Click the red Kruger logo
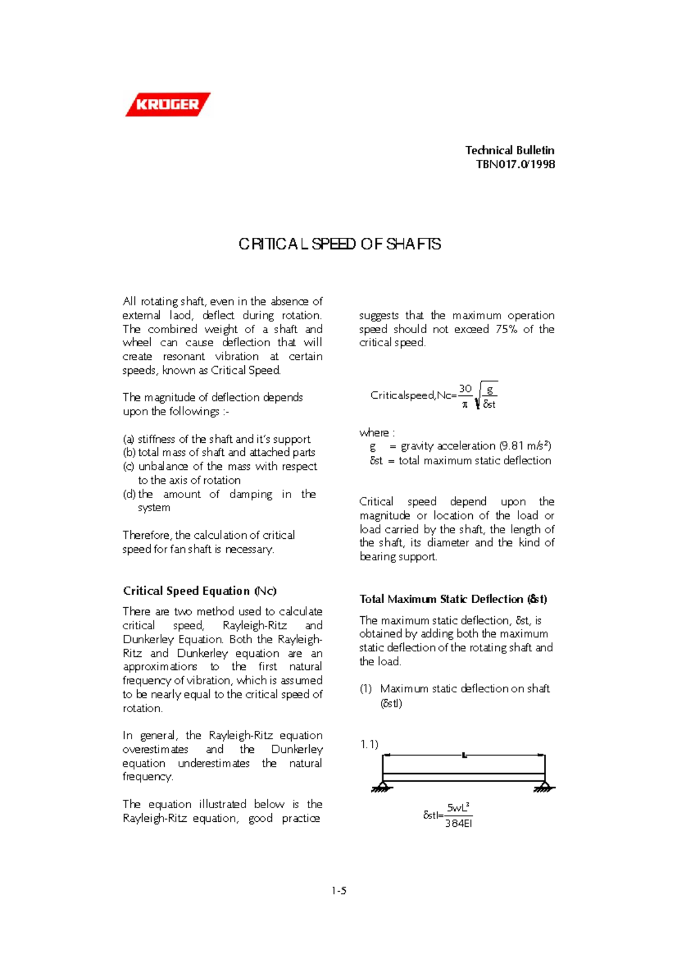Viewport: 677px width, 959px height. (168, 104)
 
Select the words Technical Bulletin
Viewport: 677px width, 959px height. (509, 150)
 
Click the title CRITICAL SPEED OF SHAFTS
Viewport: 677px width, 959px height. (340, 244)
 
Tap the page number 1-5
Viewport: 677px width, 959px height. (338, 891)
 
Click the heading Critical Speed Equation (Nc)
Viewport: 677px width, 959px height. (200, 591)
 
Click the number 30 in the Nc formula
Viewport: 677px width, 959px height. (465, 389)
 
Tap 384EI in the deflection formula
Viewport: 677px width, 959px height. (458, 823)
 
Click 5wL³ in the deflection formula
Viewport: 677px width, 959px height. (458, 808)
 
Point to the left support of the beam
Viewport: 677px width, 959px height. (383, 787)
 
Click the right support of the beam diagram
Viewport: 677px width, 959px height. (544, 787)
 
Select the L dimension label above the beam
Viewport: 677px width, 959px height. (464, 755)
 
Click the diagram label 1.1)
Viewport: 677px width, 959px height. (369, 744)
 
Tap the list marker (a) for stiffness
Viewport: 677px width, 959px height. (129, 439)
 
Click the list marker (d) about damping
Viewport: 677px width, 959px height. (129, 494)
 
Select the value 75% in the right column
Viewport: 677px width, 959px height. (506, 329)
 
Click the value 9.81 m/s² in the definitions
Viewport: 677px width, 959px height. (525, 446)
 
